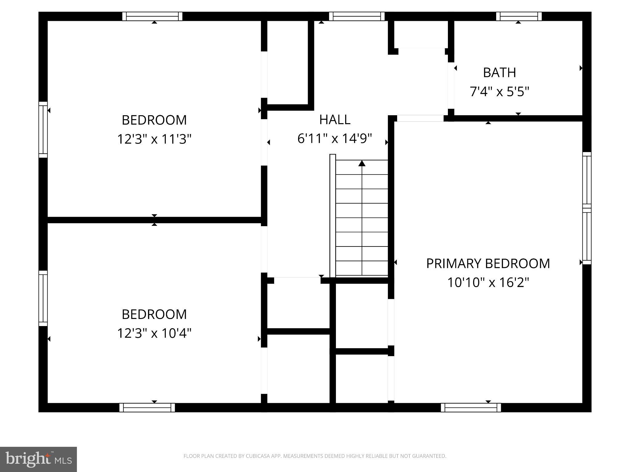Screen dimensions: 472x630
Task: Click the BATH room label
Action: (x=499, y=73)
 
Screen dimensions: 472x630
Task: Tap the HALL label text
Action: (x=335, y=120)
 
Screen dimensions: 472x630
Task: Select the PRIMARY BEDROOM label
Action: (x=488, y=263)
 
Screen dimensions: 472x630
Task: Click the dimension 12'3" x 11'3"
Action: (x=154, y=139)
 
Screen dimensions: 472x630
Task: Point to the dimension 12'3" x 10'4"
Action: (x=154, y=333)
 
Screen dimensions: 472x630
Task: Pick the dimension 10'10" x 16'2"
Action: (x=488, y=282)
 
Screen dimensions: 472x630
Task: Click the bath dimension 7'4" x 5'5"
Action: (x=499, y=92)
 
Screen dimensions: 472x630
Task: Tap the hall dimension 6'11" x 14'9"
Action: (x=335, y=138)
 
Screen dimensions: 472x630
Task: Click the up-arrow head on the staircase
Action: (x=362, y=163)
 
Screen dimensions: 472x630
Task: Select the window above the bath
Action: (x=519, y=16)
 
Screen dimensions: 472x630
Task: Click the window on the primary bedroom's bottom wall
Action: (x=471, y=407)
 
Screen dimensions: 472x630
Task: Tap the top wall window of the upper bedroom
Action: (x=152, y=16)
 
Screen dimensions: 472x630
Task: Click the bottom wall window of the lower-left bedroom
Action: (x=147, y=407)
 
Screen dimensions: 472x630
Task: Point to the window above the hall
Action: (x=357, y=16)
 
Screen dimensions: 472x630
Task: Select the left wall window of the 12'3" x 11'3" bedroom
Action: (x=43, y=130)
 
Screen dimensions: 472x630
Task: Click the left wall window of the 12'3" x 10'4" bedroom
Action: (x=43, y=298)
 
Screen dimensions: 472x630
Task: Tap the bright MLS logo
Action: (x=38, y=459)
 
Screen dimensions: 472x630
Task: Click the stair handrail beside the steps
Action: (x=333, y=215)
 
